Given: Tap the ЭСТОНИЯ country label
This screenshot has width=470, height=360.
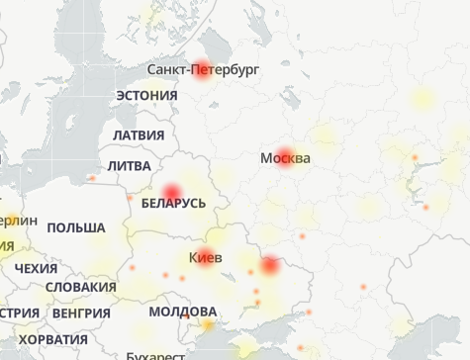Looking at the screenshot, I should (146, 95).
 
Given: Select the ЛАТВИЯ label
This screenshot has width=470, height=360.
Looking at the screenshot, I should (138, 135).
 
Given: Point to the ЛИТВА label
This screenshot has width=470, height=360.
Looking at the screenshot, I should (130, 166).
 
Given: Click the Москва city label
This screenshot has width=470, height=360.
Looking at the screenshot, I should (285, 158).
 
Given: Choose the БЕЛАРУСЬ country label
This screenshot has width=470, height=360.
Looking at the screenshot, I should (173, 203).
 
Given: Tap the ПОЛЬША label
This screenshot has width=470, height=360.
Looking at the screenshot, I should (75, 227).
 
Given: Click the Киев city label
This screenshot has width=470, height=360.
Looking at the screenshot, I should (205, 258).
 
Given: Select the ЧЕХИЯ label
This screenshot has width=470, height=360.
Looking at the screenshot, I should (37, 268).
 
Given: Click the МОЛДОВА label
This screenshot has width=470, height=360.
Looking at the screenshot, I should (182, 312).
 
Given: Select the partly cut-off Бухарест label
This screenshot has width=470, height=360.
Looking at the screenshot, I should (154, 355).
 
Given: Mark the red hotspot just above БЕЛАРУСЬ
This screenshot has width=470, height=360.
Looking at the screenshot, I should (172, 191).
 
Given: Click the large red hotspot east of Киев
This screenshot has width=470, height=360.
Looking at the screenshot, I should (270, 266).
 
